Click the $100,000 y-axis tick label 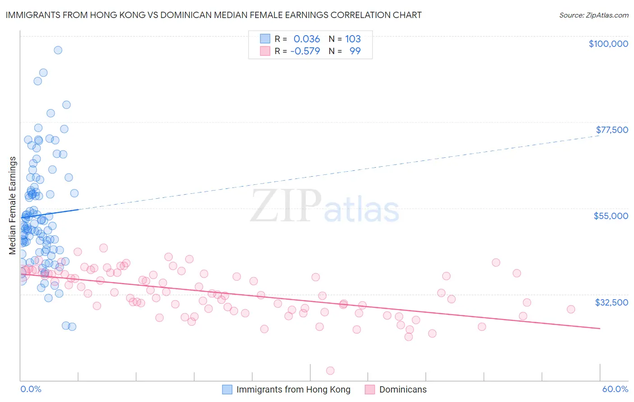pyautogui.click(x=608, y=44)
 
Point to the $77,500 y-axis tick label pyautogui.click(x=612, y=130)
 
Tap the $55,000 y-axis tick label pyautogui.click(x=611, y=216)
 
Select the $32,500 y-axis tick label pyautogui.click(x=611, y=302)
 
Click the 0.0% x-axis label pyautogui.click(x=31, y=389)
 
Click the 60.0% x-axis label pyautogui.click(x=615, y=389)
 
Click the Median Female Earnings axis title pyautogui.click(x=13, y=206)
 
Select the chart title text pyautogui.click(x=213, y=15)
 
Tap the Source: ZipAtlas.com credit pyautogui.click(x=593, y=15)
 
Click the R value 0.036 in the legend pyautogui.click(x=307, y=39)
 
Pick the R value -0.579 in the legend pyautogui.click(x=305, y=51)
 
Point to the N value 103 pyautogui.click(x=353, y=39)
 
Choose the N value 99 pyautogui.click(x=355, y=51)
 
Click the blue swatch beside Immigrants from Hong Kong pyautogui.click(x=227, y=389)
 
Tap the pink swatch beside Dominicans pyautogui.click(x=370, y=389)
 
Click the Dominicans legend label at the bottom pyautogui.click(x=403, y=389)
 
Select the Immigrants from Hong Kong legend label pyautogui.click(x=293, y=389)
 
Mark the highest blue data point pyautogui.click(x=58, y=50)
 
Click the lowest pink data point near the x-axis pyautogui.click(x=330, y=370)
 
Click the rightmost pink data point pyautogui.click(x=571, y=309)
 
